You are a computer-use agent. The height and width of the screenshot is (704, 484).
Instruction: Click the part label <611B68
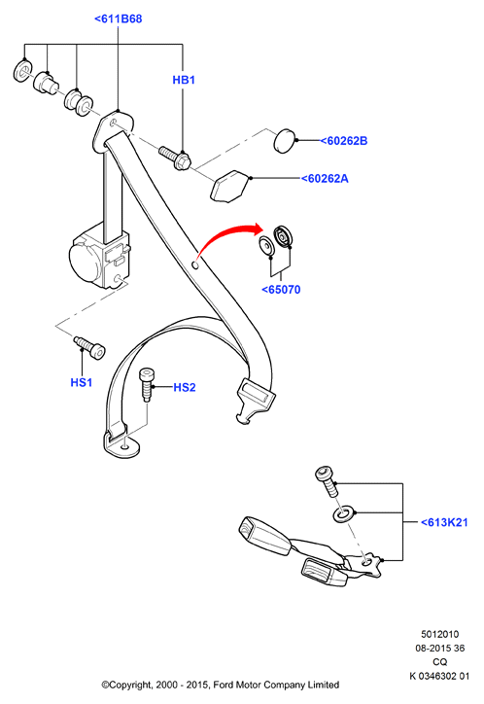click(118, 18)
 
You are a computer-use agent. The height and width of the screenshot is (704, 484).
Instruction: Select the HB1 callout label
click(184, 80)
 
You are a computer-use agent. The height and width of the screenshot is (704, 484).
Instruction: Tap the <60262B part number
click(344, 141)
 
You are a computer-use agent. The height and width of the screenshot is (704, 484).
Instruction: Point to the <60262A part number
click(325, 179)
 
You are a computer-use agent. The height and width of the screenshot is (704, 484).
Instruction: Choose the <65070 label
click(281, 290)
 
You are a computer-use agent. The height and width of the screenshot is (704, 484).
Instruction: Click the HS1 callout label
click(82, 382)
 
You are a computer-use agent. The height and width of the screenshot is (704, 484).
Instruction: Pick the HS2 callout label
click(185, 387)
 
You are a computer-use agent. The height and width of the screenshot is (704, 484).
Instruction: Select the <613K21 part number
click(444, 522)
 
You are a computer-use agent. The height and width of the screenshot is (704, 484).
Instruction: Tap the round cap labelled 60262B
click(285, 141)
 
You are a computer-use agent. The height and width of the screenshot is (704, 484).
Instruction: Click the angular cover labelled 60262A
click(230, 186)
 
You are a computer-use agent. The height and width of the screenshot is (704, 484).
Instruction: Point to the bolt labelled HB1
click(175, 158)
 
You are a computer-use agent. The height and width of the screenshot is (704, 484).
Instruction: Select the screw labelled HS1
click(89, 347)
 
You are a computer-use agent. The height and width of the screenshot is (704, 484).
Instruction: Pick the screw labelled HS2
click(146, 384)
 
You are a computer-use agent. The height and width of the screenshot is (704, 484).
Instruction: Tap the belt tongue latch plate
click(255, 401)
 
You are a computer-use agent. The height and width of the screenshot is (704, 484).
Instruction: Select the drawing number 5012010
click(439, 634)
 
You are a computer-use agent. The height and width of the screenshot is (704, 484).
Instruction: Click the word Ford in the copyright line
click(223, 685)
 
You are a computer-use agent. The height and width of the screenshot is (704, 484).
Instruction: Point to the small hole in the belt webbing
click(195, 265)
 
